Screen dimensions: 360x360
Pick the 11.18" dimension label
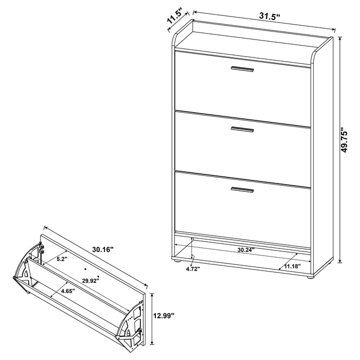[x=292, y=266]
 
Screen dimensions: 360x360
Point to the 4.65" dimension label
[x=67, y=291]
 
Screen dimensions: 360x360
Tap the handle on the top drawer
[x=242, y=69]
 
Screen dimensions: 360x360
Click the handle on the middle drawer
[x=242, y=130]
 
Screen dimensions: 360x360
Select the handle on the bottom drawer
[x=242, y=190]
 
